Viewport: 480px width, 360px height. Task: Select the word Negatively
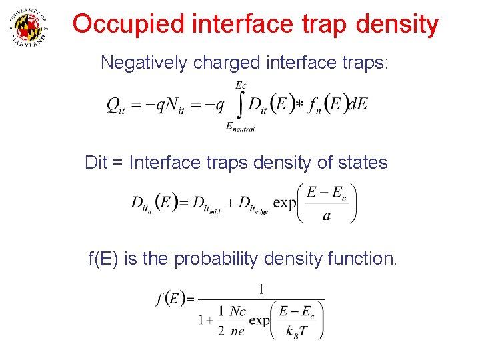[143, 63]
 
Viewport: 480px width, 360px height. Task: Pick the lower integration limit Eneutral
[241, 128]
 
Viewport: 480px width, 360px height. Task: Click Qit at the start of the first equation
[116, 107]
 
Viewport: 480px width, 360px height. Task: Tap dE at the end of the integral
[358, 106]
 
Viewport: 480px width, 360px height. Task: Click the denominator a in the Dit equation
[326, 216]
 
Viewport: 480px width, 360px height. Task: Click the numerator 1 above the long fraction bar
[261, 289]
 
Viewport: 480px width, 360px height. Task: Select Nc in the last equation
[237, 311]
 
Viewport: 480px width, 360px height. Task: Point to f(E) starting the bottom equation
[170, 299]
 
